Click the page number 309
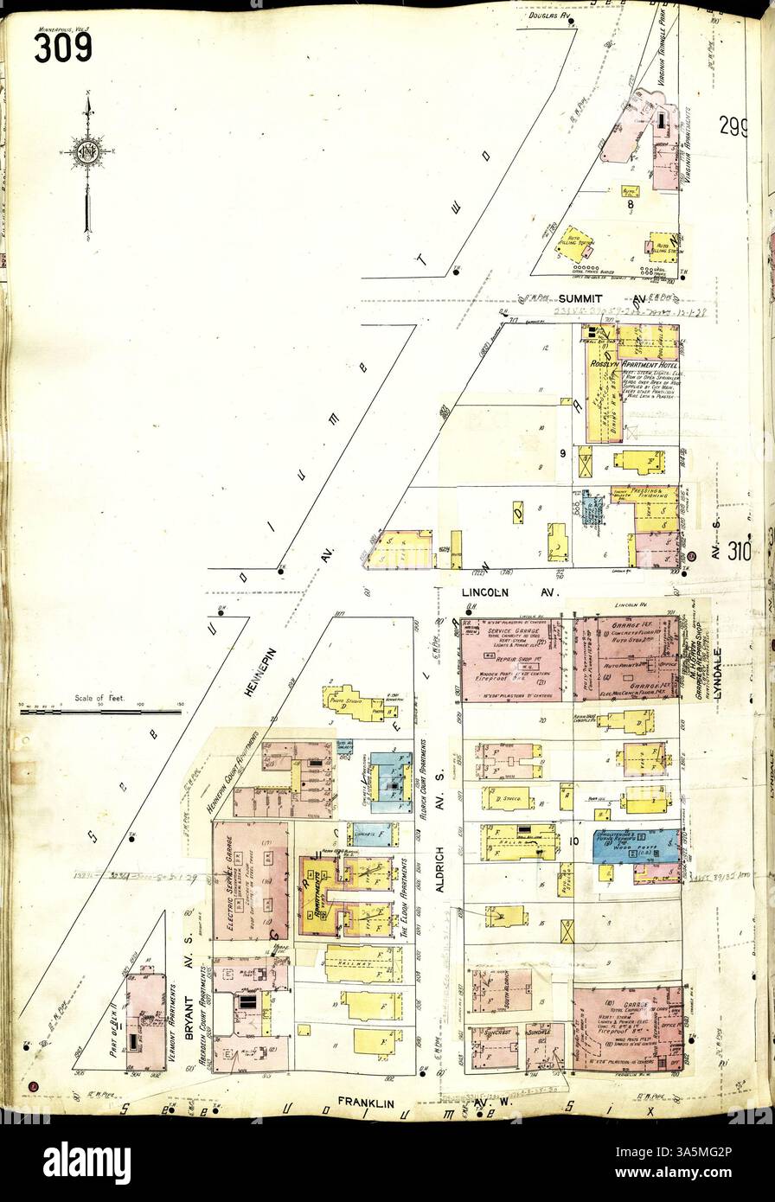pos(62,47)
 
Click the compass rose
pos(87,152)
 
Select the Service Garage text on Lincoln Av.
pos(506,633)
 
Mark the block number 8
pos(631,205)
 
